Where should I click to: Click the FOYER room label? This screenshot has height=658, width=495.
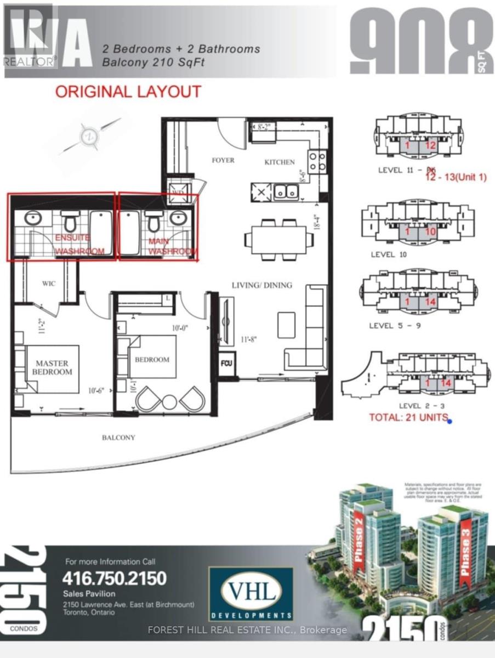(x=223, y=160)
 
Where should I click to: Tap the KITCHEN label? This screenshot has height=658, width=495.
(x=280, y=162)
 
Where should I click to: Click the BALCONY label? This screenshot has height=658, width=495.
(x=118, y=438)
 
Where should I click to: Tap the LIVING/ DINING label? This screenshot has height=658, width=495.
(x=261, y=285)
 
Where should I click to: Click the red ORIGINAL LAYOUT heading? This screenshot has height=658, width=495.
(x=128, y=91)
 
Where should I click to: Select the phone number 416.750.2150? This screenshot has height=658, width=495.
(x=115, y=578)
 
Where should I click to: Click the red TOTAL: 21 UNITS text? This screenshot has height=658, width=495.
(x=405, y=420)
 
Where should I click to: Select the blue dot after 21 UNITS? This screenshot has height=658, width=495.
(x=449, y=421)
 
